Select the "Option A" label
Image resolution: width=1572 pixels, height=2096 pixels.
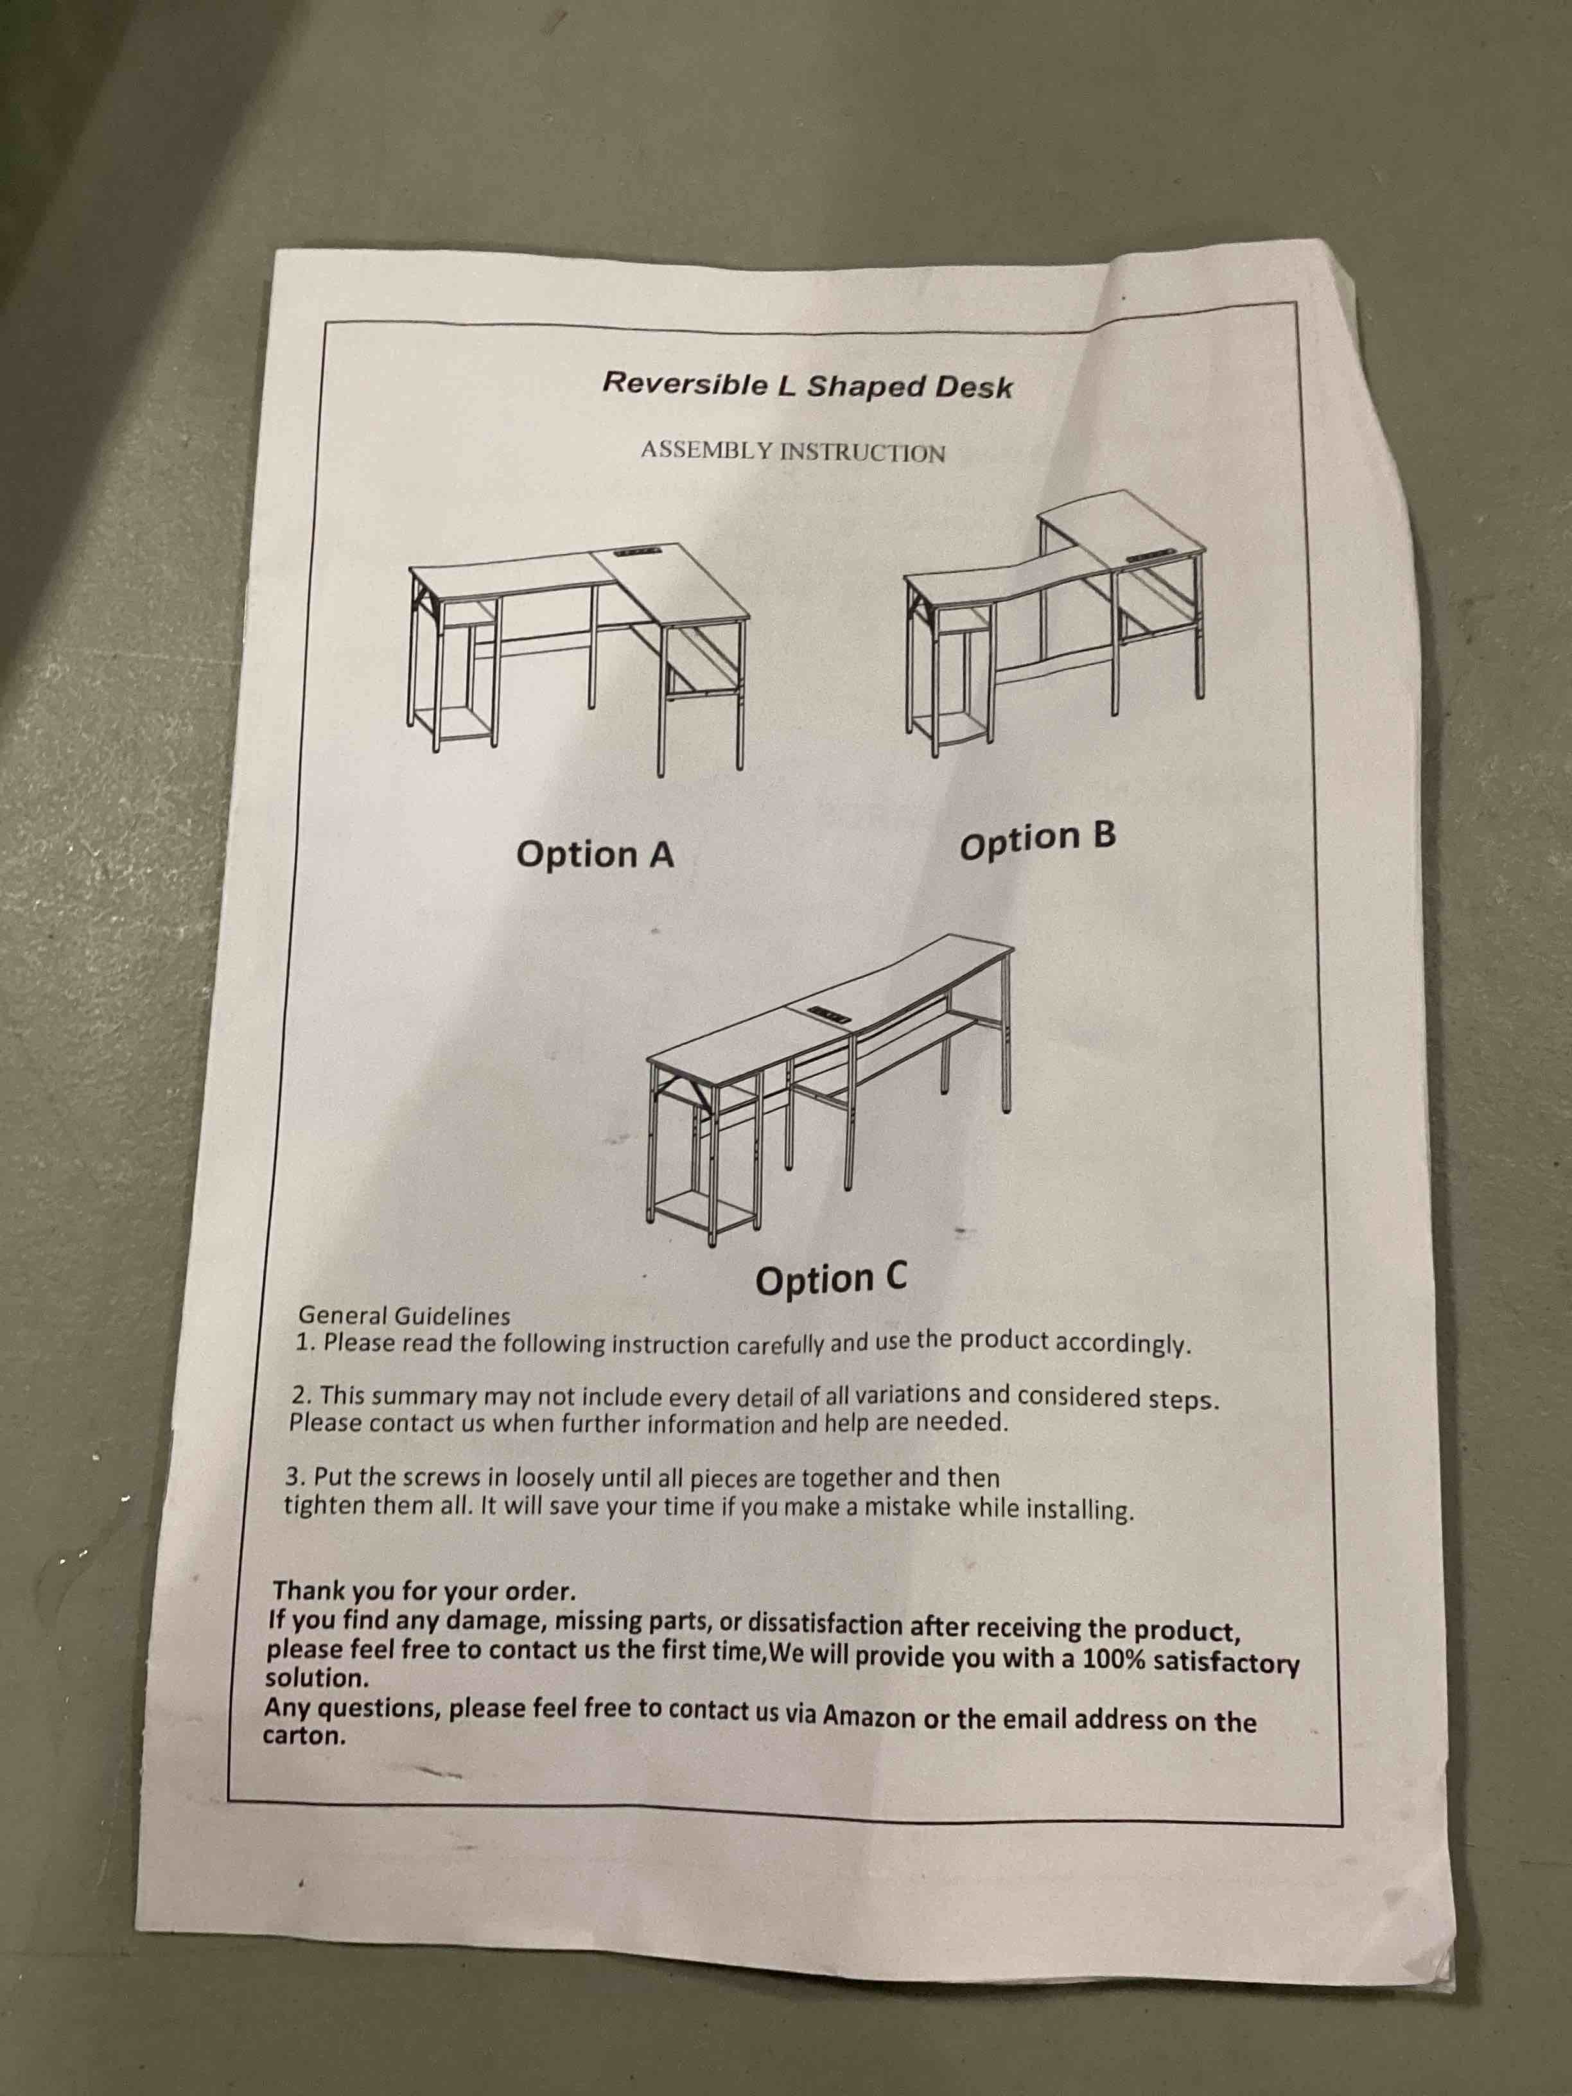coord(595,855)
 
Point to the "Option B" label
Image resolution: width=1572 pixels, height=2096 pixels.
coord(1038,841)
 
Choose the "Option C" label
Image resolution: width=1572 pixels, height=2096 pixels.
coord(831,1279)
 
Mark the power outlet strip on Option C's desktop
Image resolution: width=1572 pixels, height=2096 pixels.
coord(833,1013)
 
